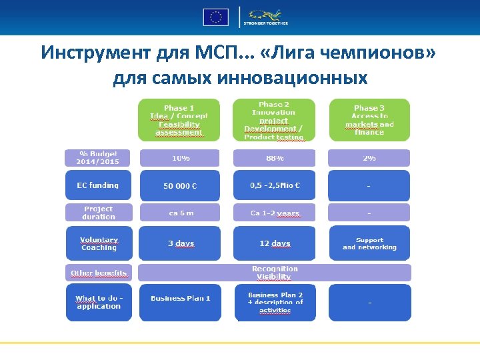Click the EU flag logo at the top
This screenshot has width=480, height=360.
click(215, 17)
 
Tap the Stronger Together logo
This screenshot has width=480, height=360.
click(268, 17)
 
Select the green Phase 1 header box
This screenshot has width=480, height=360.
click(178, 120)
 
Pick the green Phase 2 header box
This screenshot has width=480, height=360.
click(273, 120)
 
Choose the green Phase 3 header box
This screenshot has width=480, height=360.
click(369, 120)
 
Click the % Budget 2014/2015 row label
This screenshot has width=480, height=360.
click(99, 158)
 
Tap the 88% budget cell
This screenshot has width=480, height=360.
click(274, 158)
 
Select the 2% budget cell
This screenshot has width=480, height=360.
click(369, 158)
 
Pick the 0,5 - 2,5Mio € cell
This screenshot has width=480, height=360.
click(274, 185)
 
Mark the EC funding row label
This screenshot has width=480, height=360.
click(99, 185)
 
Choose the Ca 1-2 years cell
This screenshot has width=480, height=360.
click(274, 213)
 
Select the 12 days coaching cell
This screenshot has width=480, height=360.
click(274, 243)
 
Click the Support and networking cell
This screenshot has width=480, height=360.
click(369, 243)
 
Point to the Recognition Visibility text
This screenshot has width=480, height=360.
click(274, 273)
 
